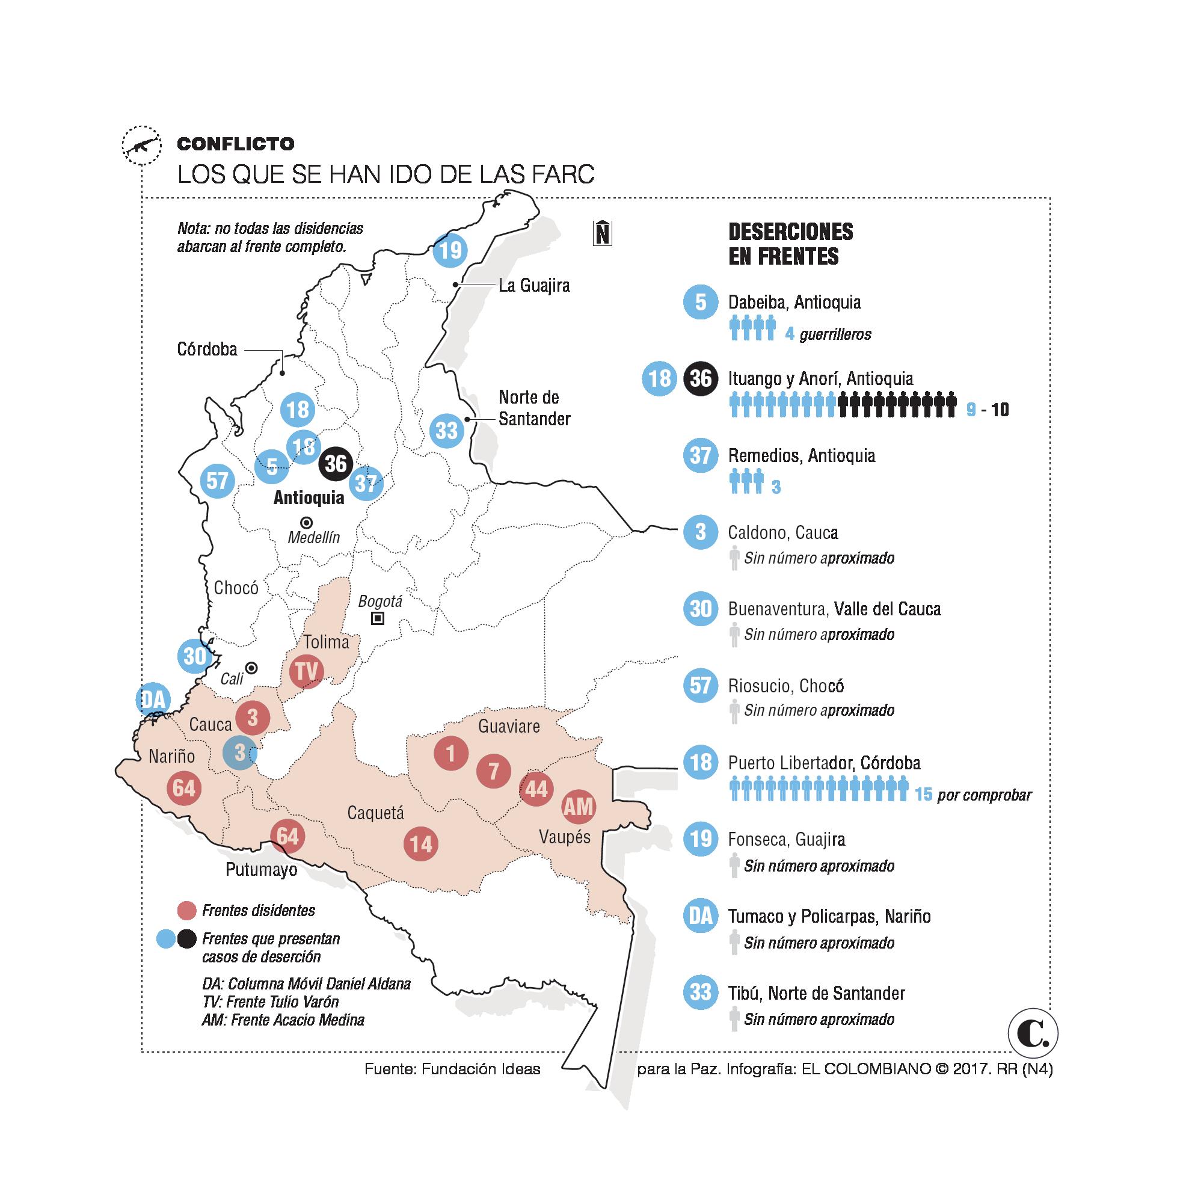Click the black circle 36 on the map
pyautogui.click(x=336, y=464)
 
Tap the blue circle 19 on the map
pyautogui.click(x=450, y=250)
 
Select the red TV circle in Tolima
pyautogui.click(x=306, y=671)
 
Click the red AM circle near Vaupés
pyautogui.click(x=579, y=807)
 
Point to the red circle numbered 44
pyautogui.click(x=536, y=789)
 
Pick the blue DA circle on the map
pyautogui.click(x=153, y=700)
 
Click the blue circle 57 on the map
pyautogui.click(x=217, y=481)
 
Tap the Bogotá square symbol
pyautogui.click(x=377, y=618)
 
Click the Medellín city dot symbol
pyautogui.click(x=307, y=523)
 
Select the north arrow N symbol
pyautogui.click(x=602, y=233)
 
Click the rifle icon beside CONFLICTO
pyautogui.click(x=142, y=146)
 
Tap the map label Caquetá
pyautogui.click(x=375, y=813)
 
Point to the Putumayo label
pyautogui.click(x=261, y=869)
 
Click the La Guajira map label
pyautogui.click(x=534, y=286)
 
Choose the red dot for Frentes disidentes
pyautogui.click(x=187, y=910)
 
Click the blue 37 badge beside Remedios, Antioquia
pyautogui.click(x=701, y=456)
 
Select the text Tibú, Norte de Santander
pyautogui.click(x=816, y=993)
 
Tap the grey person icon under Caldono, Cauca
pyautogui.click(x=735, y=558)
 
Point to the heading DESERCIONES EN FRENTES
pyautogui.click(x=790, y=244)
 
